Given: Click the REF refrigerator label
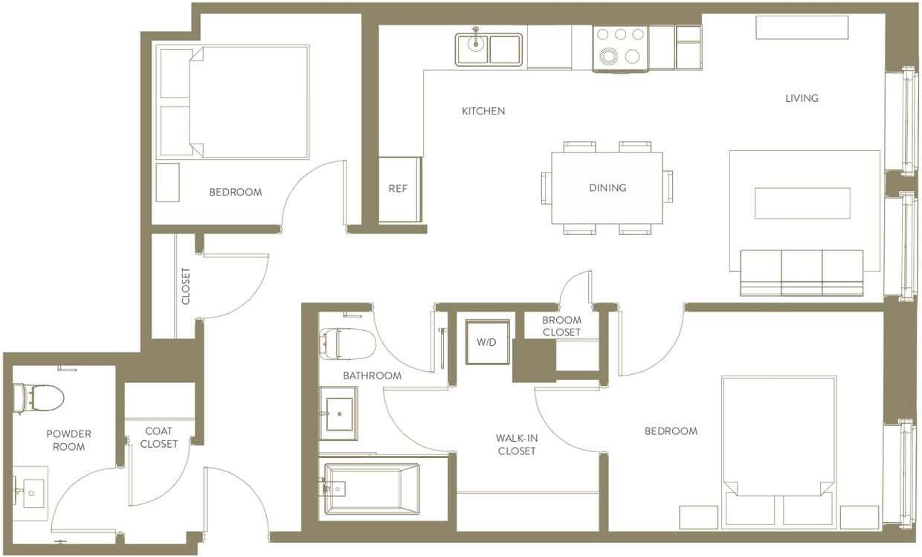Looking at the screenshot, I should (398, 189).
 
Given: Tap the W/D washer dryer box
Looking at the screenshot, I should (488, 343).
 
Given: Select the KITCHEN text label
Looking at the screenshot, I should (483, 111).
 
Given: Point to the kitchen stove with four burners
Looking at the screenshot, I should (620, 48).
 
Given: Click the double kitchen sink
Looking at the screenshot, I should (489, 49).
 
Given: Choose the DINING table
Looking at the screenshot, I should (607, 187).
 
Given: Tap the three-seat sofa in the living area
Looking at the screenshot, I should (802, 272).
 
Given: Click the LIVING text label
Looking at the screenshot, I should (802, 98).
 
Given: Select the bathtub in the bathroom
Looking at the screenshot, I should (371, 489).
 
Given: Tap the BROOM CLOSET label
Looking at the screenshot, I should (561, 326).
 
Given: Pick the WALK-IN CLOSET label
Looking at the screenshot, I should (517, 445).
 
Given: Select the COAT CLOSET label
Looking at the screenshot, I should (159, 437).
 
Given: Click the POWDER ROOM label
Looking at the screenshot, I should (68, 440).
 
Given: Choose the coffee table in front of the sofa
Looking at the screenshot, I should (802, 203).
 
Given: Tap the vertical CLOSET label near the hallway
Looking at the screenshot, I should (186, 286).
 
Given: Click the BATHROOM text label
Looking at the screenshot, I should (372, 376).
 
